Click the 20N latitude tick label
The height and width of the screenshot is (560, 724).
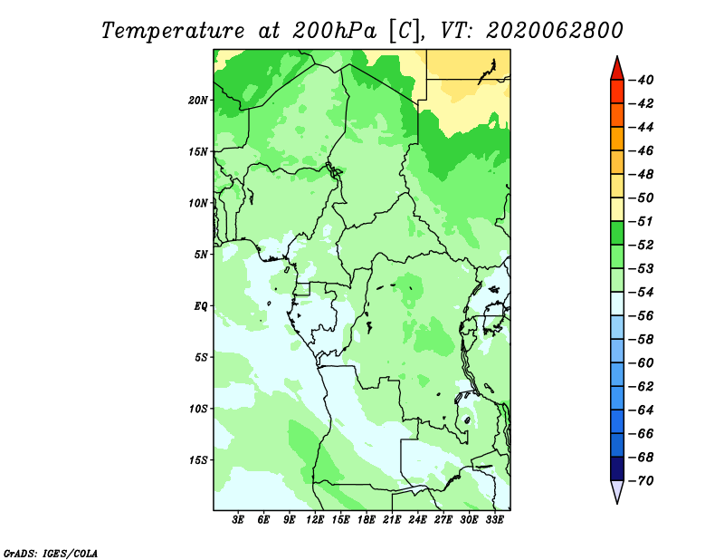tap(198, 101)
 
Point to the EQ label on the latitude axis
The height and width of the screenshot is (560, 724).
tap(200, 306)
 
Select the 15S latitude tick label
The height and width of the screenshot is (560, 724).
tap(198, 460)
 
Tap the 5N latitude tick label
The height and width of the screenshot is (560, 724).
tap(201, 255)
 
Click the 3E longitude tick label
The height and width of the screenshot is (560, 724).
tap(238, 519)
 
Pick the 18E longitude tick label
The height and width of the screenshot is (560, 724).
tap(367, 519)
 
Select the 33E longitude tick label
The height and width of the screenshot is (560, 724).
tap(494, 519)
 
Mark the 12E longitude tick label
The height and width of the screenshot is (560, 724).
tap(315, 519)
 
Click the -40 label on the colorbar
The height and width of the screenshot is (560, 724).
tap(641, 80)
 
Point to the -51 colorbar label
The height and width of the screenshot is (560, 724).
tap(641, 221)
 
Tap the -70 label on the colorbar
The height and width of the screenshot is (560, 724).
tap(641, 481)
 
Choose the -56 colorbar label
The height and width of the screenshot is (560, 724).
tap(641, 316)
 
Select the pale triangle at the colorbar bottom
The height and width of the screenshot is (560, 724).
tap(617, 489)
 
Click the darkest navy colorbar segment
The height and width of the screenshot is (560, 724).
tap(617, 468)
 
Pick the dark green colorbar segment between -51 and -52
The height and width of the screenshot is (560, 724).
tap(617, 233)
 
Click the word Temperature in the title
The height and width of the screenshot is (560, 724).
tap(173, 31)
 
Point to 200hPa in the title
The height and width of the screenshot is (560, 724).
tap(334, 31)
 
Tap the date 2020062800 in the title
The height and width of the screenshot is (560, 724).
tap(555, 31)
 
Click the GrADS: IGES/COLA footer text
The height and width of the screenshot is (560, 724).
tap(51, 553)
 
